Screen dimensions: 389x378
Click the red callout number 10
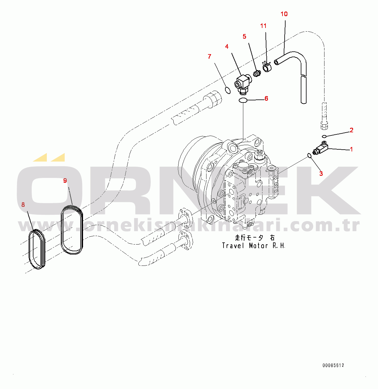click(284, 14)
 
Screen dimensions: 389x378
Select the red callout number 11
click(263, 26)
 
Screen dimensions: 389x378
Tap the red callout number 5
click(244, 36)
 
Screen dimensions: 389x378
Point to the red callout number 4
click(227, 47)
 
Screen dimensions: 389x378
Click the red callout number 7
click(209, 57)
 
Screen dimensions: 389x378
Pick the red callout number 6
click(266, 99)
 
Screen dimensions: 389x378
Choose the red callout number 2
click(352, 130)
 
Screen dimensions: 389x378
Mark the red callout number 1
click(352, 149)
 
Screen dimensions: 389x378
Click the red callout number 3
click(321, 174)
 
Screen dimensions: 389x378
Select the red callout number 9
click(65, 181)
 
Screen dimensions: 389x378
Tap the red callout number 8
click(23, 205)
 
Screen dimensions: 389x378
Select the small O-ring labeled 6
click(242, 100)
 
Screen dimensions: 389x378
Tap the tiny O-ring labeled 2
click(324, 136)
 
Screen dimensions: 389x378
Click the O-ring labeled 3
click(309, 156)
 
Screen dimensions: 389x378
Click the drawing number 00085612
click(333, 366)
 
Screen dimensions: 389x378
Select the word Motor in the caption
click(258, 246)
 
